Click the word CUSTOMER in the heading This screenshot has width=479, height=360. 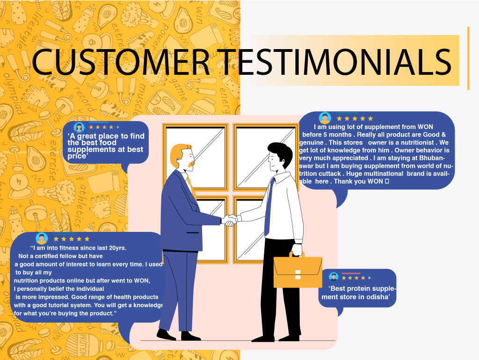pyautogui.click(x=121, y=62)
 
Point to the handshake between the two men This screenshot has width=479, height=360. pyautogui.click(x=229, y=220)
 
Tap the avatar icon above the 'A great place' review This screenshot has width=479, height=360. pyautogui.click(x=79, y=127)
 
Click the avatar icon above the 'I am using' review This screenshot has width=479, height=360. pyautogui.click(x=325, y=118)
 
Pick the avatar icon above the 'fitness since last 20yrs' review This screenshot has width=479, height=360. pyautogui.click(x=42, y=238)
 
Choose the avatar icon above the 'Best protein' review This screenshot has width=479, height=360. pyautogui.click(x=334, y=277)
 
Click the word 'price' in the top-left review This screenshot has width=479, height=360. pyautogui.click(x=77, y=156)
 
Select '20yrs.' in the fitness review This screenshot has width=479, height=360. pyautogui.click(x=117, y=248)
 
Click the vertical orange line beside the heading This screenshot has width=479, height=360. pyautogui.click(x=468, y=58)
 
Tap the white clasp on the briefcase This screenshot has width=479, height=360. pyautogui.click(x=298, y=275)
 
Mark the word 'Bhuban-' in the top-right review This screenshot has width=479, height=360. pyautogui.click(x=432, y=158)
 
